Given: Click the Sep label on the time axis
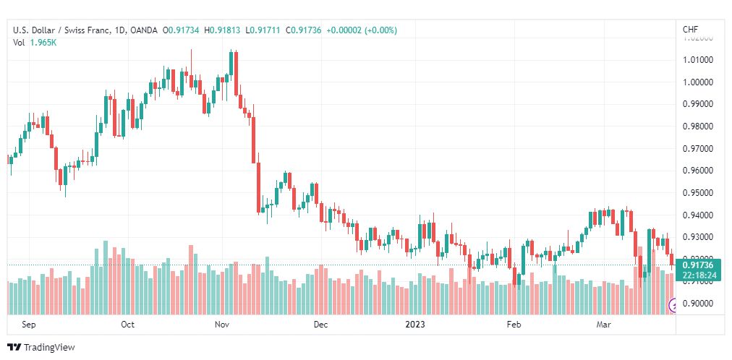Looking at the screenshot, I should point(29,325).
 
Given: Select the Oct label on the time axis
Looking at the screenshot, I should point(127,325).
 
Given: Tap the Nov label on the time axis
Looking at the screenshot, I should point(222,325).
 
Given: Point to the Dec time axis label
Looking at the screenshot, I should point(320,325).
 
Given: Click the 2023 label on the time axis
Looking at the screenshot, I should point(416,325).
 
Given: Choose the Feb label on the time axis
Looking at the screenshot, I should point(514,325).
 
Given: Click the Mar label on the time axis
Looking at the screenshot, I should point(604,325).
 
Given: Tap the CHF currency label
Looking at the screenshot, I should point(690,30).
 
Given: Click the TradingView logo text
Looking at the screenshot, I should point(49,348).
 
